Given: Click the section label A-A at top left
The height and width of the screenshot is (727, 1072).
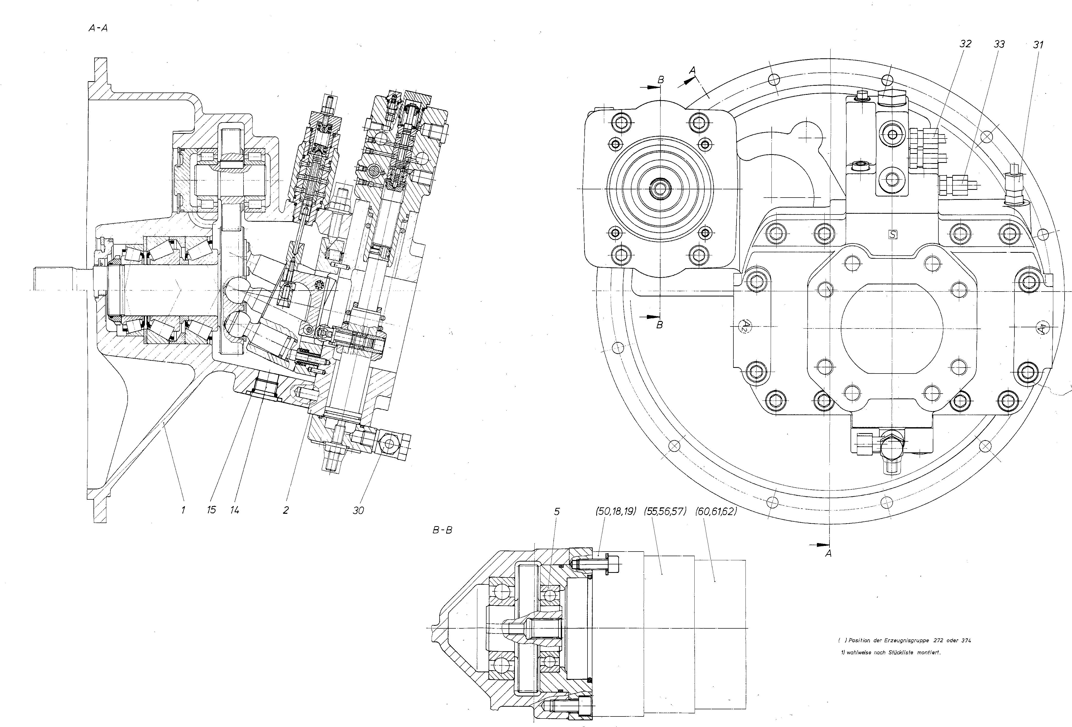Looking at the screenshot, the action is pos(98,28).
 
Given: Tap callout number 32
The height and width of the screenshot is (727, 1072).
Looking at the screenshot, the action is pos(965,44).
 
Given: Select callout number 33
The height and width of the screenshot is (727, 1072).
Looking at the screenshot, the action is pos(999,44).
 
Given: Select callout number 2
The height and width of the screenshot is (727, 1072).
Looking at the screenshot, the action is pos(286,510).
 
